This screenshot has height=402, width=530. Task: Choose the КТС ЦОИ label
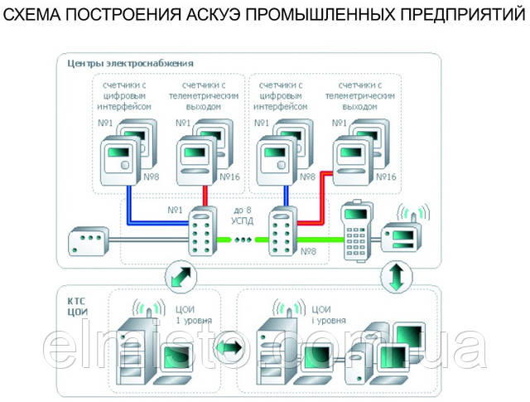tap(76, 302)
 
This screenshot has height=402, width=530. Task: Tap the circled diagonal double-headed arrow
tap(182, 275)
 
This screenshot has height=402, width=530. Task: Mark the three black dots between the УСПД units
tap(243, 241)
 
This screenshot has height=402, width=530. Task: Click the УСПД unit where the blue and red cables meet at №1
tap(201, 234)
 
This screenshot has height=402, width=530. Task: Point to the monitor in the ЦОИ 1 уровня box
tap(179, 357)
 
